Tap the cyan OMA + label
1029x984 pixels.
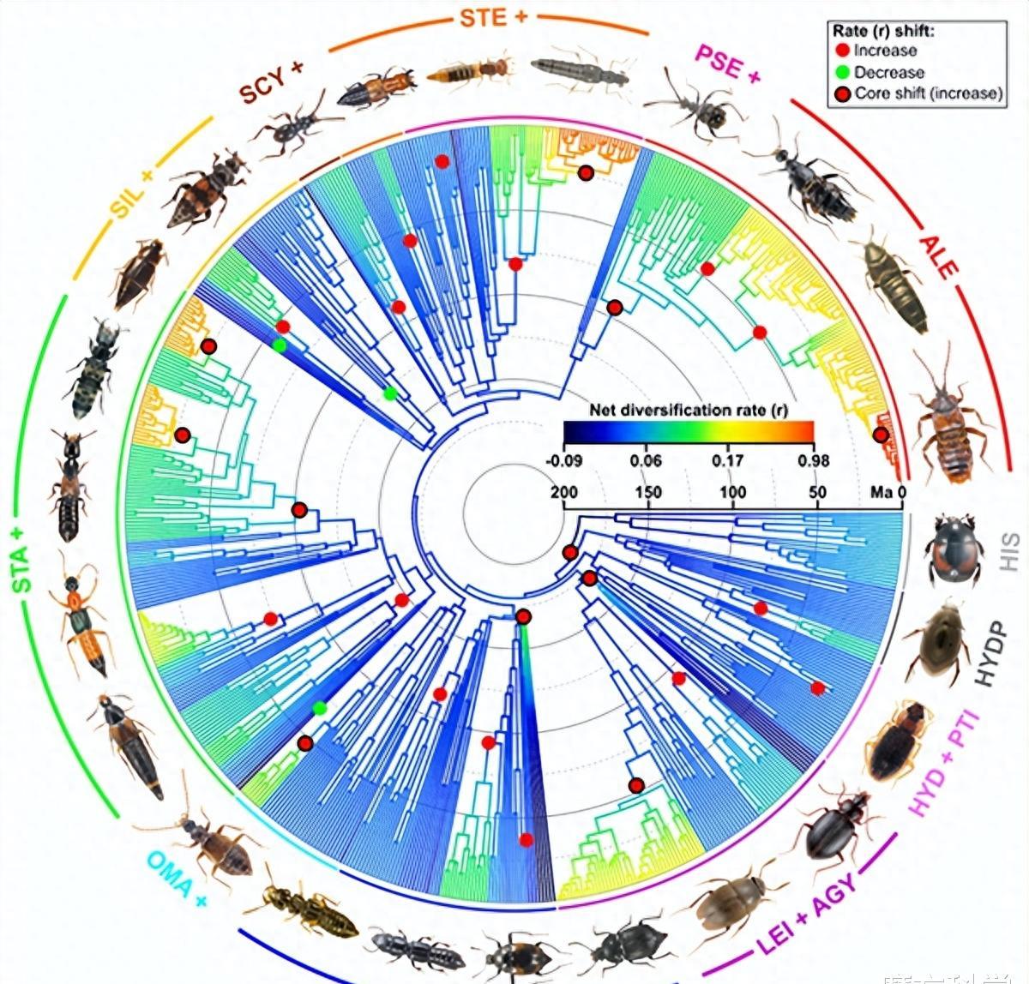pyautogui.click(x=178, y=876)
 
